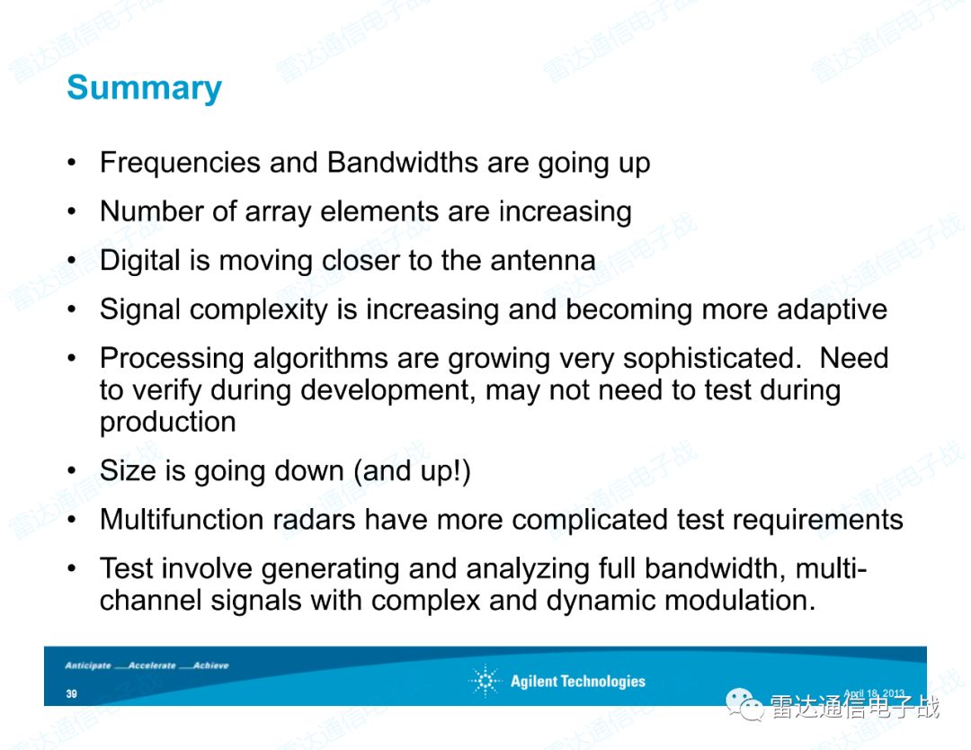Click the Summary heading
(144, 88)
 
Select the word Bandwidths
(403, 162)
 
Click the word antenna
(543, 261)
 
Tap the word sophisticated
(708, 359)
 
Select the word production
(168, 423)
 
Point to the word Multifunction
(183, 519)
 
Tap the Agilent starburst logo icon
(485, 681)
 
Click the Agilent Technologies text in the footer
(578, 682)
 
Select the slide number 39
(72, 693)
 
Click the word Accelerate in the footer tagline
(152, 665)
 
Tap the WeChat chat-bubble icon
(744, 705)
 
